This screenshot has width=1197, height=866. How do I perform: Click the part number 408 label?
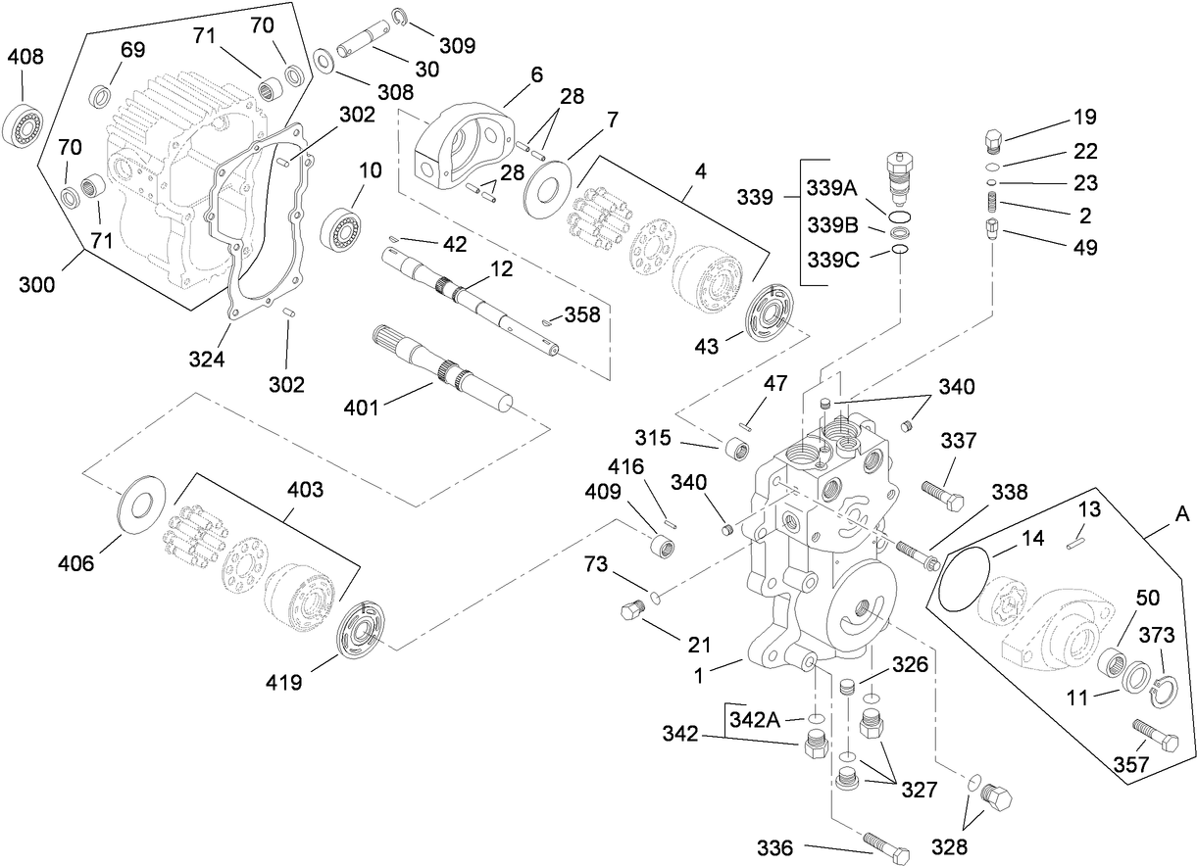coord(25,57)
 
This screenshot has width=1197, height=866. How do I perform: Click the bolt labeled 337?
coord(942,492)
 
